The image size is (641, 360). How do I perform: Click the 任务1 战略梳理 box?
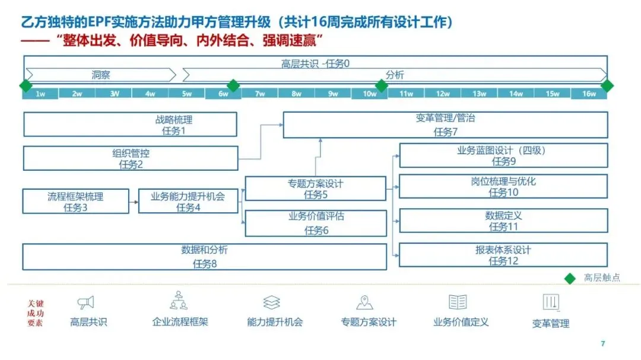(130, 125)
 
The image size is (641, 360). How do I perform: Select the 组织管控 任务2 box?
(131, 158)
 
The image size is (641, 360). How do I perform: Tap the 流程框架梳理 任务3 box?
(75, 201)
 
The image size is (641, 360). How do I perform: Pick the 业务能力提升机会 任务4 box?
(188, 201)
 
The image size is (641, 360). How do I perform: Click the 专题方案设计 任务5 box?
(315, 189)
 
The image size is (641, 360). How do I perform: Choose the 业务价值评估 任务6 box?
(315, 223)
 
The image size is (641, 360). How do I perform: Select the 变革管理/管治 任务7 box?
(445, 125)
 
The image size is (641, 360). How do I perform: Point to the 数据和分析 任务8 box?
(204, 256)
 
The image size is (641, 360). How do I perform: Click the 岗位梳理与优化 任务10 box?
(503, 186)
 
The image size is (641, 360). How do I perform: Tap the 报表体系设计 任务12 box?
(503, 255)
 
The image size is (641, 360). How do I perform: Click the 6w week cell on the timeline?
(223, 94)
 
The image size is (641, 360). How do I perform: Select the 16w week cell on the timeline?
(588, 94)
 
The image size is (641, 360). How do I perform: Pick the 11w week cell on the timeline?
(406, 94)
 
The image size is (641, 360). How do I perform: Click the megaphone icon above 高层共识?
(86, 303)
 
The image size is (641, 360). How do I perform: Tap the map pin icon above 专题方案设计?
(364, 303)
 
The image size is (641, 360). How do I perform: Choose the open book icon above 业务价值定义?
(458, 302)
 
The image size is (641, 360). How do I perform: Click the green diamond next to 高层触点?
(570, 278)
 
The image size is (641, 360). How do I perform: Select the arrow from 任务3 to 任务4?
(134, 202)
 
